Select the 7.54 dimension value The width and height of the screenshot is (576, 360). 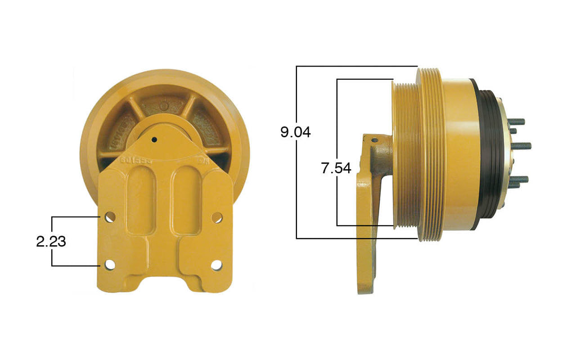pos(336,168)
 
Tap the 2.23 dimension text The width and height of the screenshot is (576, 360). pos(51,241)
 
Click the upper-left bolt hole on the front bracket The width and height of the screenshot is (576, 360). pos(110,217)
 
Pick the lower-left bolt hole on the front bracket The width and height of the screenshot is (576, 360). pos(110,264)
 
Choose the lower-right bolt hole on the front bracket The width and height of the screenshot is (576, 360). pos(217,264)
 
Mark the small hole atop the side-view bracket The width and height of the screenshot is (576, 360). pos(373,139)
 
